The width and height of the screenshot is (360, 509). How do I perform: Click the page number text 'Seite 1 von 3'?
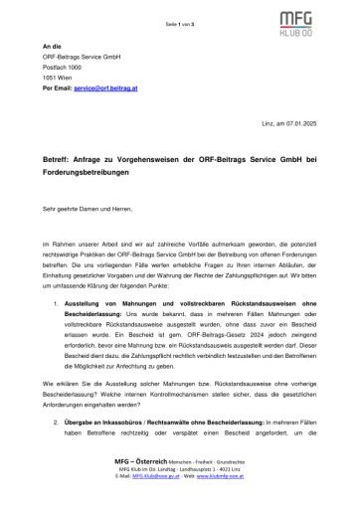tap(180, 8)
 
